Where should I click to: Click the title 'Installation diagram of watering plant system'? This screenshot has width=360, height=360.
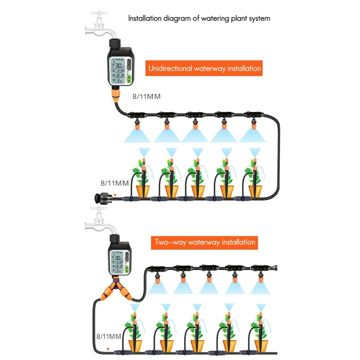pyautogui.click(x=199, y=19)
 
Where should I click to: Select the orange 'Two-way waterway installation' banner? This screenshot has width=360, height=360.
pyautogui.click(x=205, y=242)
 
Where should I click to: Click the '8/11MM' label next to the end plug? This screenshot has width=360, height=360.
pyautogui.click(x=114, y=183)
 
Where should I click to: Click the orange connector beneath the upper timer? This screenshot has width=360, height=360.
pyautogui.click(x=116, y=95)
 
